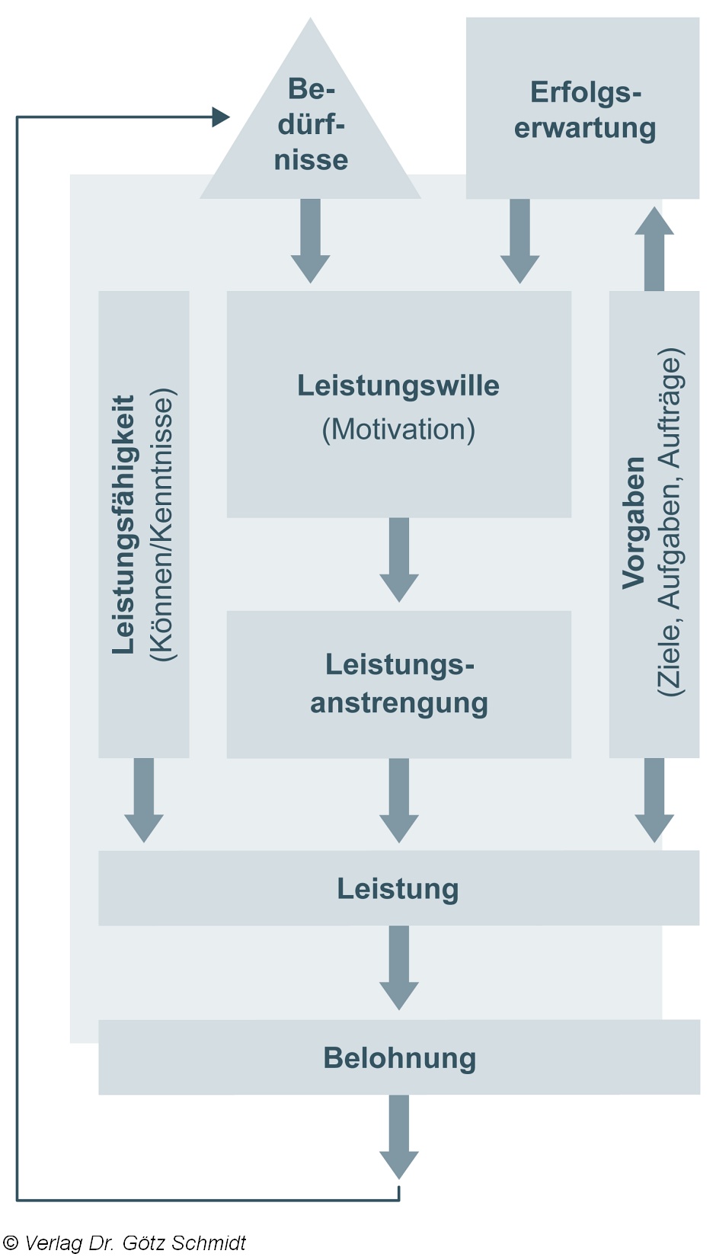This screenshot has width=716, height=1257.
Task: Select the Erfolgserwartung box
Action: click(x=583, y=109)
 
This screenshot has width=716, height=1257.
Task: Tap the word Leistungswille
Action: click(x=398, y=385)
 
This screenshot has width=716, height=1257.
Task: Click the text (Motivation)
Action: click(x=398, y=430)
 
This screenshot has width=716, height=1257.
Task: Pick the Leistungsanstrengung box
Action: click(x=398, y=683)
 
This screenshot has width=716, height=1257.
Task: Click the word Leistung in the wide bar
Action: click(x=398, y=889)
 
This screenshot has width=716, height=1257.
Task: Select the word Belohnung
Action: click(x=399, y=1058)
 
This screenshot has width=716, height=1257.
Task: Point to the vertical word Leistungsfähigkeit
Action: click(x=123, y=524)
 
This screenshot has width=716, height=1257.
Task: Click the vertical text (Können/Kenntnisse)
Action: click(x=163, y=524)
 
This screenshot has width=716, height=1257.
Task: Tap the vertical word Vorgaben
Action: click(x=634, y=523)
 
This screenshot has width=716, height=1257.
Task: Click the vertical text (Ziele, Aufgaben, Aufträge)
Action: click(x=670, y=523)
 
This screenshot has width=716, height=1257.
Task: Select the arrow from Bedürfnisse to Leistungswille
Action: click(x=310, y=241)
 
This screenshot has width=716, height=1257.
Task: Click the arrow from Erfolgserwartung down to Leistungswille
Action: click(x=519, y=241)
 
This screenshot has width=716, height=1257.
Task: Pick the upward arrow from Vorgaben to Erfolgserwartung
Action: click(x=654, y=248)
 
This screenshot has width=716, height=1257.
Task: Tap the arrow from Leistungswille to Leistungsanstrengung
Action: click(x=398, y=561)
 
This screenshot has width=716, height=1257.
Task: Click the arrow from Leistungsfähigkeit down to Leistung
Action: click(x=144, y=800)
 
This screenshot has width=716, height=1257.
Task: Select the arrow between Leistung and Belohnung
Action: click(x=398, y=968)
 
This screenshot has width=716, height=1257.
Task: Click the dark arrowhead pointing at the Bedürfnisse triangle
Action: click(x=221, y=117)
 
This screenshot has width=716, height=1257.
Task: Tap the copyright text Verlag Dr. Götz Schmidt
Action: click(x=126, y=1243)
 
